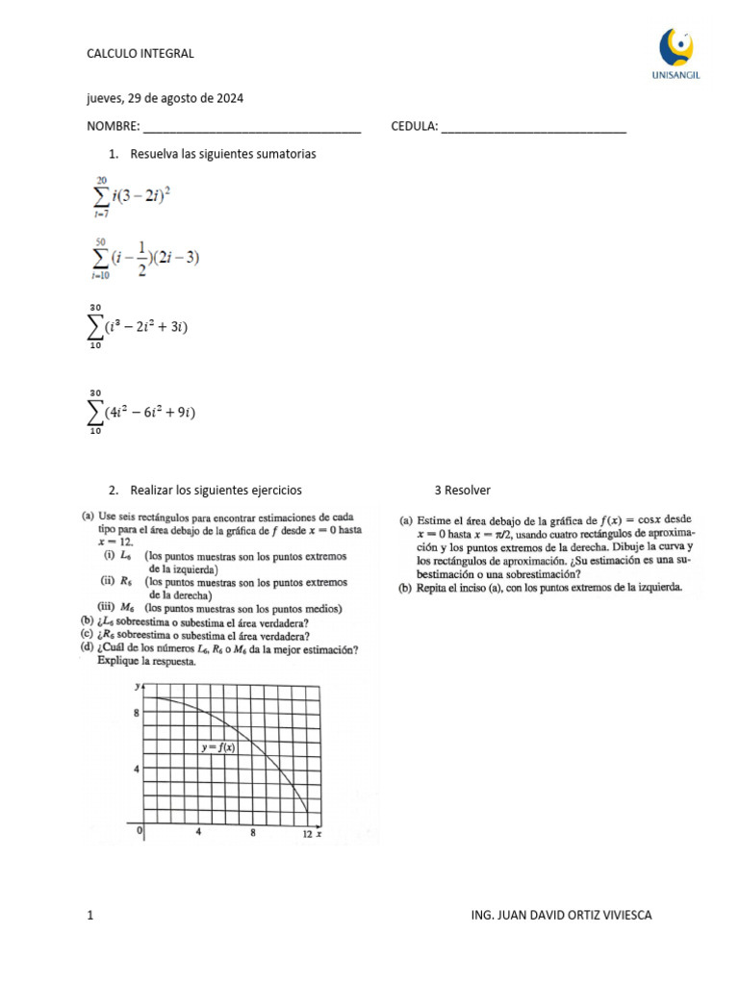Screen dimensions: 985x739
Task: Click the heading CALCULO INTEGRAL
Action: tap(140, 53)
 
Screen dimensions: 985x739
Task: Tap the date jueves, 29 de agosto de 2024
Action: tap(170, 98)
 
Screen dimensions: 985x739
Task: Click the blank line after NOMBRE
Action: tap(252, 128)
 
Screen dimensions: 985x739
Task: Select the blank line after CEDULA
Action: tap(534, 128)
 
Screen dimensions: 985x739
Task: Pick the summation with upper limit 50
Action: tap(145, 259)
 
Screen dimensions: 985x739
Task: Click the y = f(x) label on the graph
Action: tap(218, 746)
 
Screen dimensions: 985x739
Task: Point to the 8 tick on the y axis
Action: tap(137, 713)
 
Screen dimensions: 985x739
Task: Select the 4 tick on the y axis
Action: tap(137, 769)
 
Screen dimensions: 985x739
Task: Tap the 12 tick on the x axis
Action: tap(307, 835)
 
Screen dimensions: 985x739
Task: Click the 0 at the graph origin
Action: tap(140, 830)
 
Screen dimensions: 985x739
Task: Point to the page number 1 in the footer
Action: tap(90, 915)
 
